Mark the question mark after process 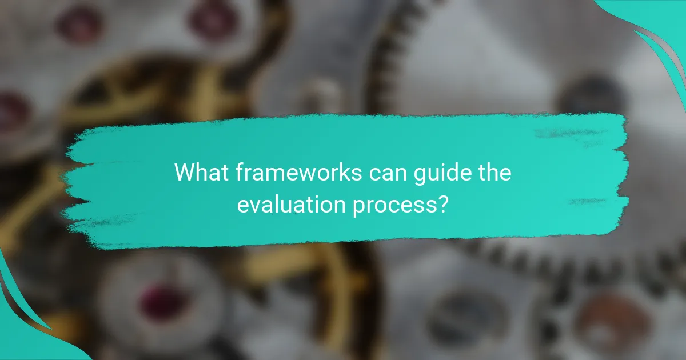tap(441, 204)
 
